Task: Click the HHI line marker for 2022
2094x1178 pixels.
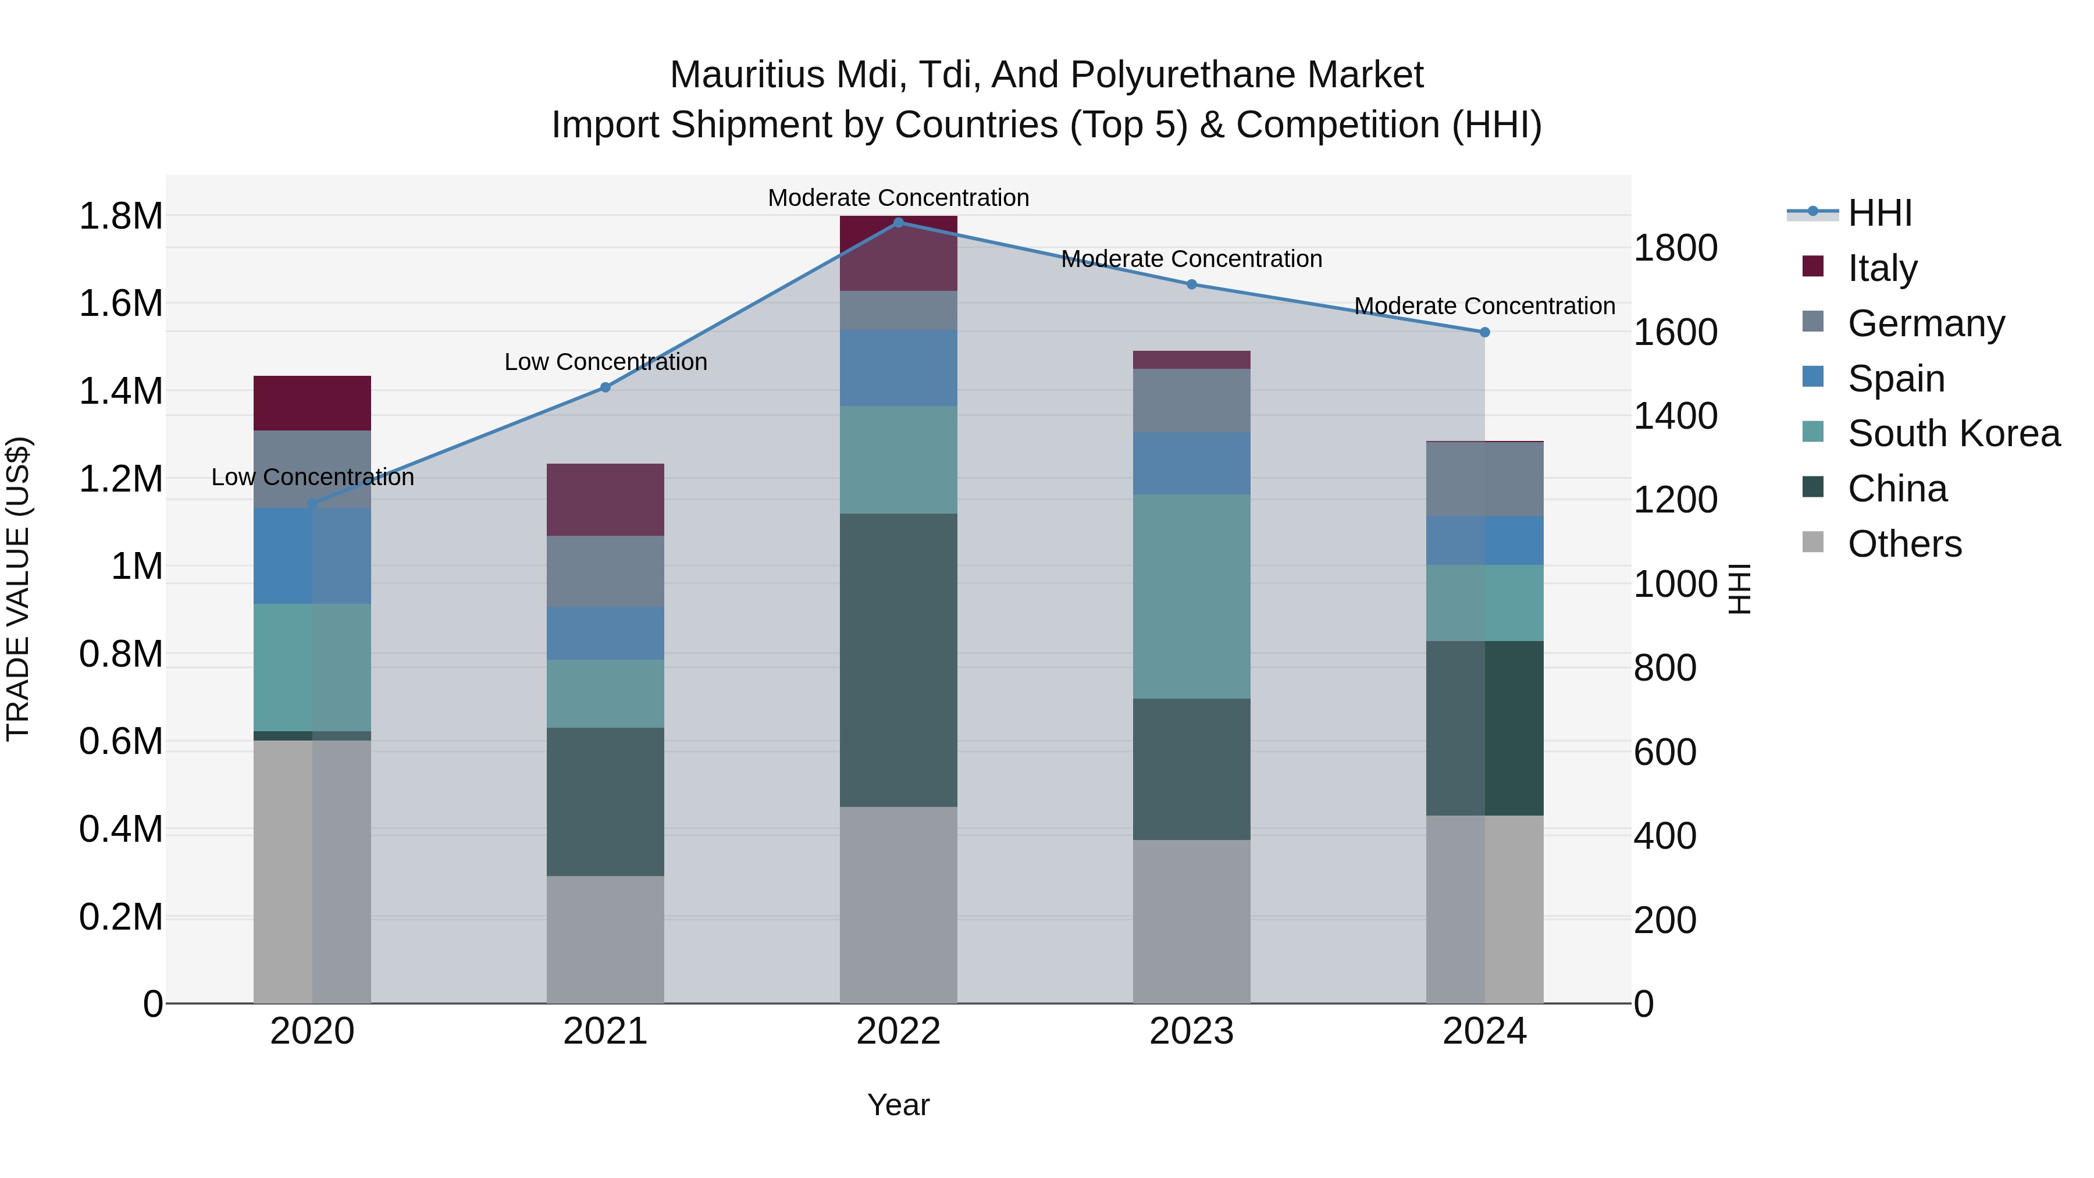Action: [898, 223]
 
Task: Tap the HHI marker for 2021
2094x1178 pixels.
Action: [605, 388]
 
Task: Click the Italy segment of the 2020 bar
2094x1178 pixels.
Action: [312, 403]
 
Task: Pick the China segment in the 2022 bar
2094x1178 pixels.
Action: [898, 660]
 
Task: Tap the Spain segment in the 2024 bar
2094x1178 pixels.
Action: [1484, 540]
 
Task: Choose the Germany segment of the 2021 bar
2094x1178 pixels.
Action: [605, 571]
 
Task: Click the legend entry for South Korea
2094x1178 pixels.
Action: [1953, 433]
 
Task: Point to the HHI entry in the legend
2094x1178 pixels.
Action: [1879, 213]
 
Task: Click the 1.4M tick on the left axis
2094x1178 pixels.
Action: [120, 391]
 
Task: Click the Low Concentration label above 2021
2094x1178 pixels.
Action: [605, 362]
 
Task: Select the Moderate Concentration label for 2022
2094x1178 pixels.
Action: [898, 198]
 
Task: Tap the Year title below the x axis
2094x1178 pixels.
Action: [898, 1105]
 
